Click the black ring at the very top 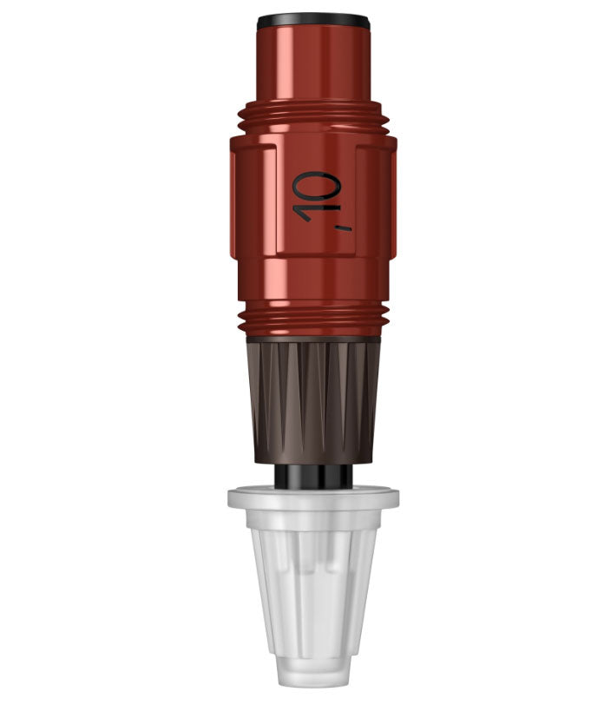[x=313, y=19]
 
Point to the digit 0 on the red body [x=319, y=184]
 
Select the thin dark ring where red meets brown [x=313, y=338]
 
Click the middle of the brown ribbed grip [x=313, y=395]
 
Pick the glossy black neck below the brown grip [x=313, y=477]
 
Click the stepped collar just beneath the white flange [x=313, y=519]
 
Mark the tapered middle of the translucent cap [x=313, y=590]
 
